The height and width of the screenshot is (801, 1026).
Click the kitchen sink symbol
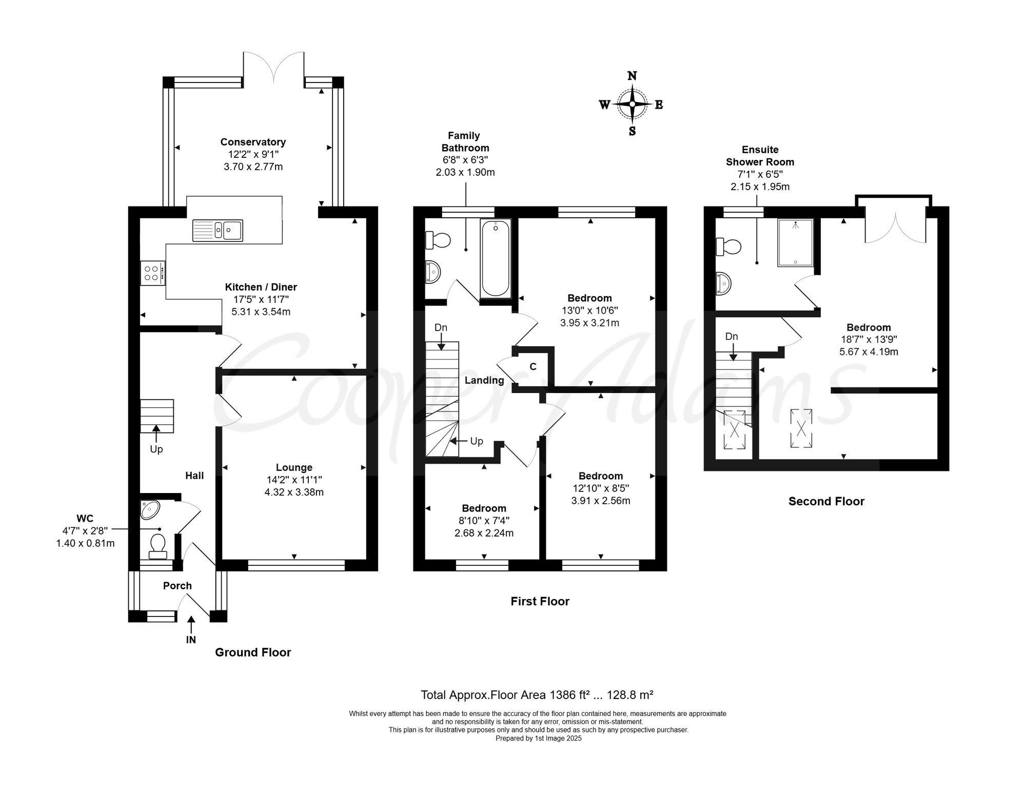click(218, 230)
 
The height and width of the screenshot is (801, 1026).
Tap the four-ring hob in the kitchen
click(153, 273)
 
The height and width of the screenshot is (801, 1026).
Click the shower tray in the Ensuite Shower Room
click(795, 242)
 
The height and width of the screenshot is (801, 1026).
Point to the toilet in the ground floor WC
click(157, 546)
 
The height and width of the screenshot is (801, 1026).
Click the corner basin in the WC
click(150, 509)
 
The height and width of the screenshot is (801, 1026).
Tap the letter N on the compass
click(632, 76)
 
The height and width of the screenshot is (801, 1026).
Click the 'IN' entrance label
click(191, 640)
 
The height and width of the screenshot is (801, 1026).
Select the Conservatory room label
click(253, 142)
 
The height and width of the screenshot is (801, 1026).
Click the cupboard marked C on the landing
click(534, 367)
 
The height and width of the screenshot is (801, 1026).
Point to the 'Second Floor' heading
click(826, 501)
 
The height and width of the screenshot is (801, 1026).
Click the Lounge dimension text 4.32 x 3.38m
click(294, 492)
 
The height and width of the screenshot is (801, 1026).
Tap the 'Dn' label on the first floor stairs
click(441, 327)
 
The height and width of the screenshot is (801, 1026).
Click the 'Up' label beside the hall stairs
click(156, 449)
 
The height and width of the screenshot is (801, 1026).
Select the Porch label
click(177, 585)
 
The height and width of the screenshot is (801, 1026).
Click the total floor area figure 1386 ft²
click(569, 695)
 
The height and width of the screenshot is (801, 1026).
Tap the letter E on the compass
click(659, 105)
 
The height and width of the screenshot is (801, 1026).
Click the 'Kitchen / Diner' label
click(261, 287)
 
